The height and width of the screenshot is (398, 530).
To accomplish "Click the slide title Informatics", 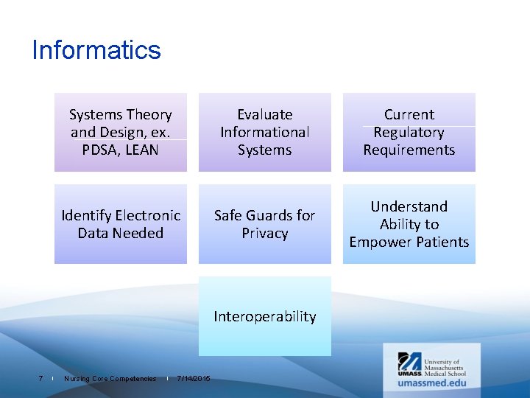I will coord(96,50).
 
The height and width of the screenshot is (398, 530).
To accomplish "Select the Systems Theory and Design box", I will coord(121,133).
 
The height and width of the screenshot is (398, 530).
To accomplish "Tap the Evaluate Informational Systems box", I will coord(265,133).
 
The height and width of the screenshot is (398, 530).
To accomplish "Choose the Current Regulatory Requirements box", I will coord(409,133).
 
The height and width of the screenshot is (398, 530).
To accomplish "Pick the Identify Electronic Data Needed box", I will coord(121,224).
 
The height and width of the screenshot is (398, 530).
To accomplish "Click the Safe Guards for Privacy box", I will coord(265,224).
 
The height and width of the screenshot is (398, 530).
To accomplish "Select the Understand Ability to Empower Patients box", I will coord(409,224).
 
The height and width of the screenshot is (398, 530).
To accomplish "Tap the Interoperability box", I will coord(265,316).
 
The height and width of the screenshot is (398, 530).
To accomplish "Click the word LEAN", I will coord(141,150).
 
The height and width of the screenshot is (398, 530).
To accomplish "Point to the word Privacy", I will coord(265,234).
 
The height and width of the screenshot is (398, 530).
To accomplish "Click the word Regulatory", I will coord(409,133).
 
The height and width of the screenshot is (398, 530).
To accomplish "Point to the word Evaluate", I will coord(265,115).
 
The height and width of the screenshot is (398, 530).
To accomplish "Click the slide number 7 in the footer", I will coord(40,379).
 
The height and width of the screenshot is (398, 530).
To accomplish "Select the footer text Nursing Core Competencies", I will coord(110,379).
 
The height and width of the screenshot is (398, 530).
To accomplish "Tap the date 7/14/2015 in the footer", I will coord(194,379).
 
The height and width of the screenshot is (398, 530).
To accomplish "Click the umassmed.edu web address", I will coord(431,383).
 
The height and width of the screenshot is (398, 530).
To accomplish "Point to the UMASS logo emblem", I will coord(409,363).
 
